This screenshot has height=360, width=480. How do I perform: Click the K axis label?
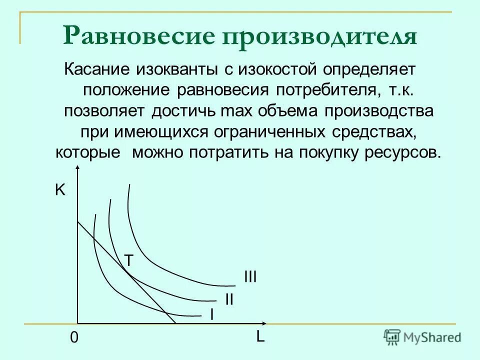[60, 190]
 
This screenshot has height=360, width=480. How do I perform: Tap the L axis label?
[260, 337]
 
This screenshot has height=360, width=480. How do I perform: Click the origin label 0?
[74, 338]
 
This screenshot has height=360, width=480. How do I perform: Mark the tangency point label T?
[129, 260]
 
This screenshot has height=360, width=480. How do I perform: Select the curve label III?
[250, 276]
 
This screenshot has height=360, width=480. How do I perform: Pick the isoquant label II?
[229, 299]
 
